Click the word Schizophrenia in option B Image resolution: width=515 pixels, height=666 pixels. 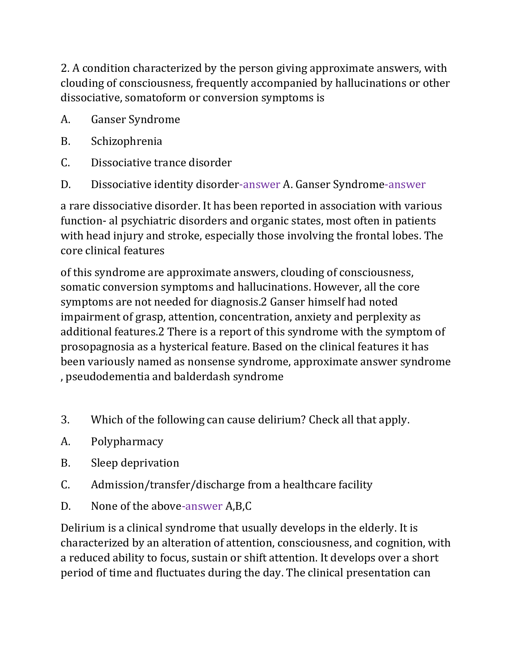pos(126,141)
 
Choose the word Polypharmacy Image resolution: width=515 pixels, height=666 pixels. pos(127,442)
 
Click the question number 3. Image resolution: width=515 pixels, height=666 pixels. pos(65,420)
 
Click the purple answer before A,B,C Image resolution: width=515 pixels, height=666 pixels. pos(202,506)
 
